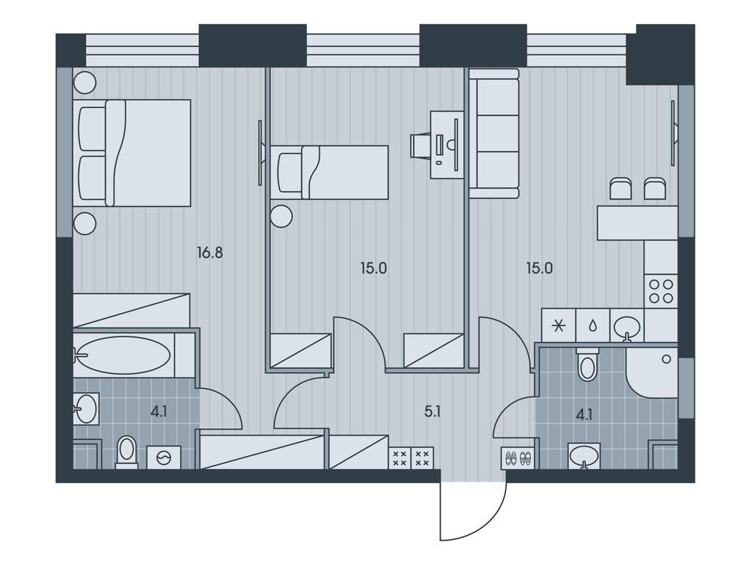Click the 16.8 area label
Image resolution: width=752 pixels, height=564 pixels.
click(210, 253)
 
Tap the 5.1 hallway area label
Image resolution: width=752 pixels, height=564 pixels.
click(433, 411)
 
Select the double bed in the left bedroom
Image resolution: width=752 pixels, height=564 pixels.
click(132, 153)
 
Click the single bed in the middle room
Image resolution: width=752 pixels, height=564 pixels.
click(329, 172)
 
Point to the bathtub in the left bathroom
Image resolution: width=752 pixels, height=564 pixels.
click(123, 355)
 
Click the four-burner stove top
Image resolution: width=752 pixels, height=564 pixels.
click(661, 291)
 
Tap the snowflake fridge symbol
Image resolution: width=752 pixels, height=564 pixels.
click(558, 326)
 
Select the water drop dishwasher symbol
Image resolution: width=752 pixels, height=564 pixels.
click(593, 326)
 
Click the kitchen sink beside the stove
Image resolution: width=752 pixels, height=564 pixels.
click(627, 327)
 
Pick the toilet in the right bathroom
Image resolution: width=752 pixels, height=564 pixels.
click(587, 364)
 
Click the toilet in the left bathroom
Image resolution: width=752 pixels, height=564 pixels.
click(126, 452)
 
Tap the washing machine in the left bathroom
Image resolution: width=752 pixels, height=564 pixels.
click(164, 457)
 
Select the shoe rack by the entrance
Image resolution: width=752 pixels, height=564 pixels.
click(519, 458)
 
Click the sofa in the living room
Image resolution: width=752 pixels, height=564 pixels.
click(494, 134)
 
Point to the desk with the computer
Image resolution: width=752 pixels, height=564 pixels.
click(447, 145)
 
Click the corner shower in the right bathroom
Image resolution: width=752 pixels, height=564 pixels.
click(651, 372)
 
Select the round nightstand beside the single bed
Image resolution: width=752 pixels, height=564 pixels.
click(281, 216)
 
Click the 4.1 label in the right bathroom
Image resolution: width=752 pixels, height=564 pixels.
click(584, 414)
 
